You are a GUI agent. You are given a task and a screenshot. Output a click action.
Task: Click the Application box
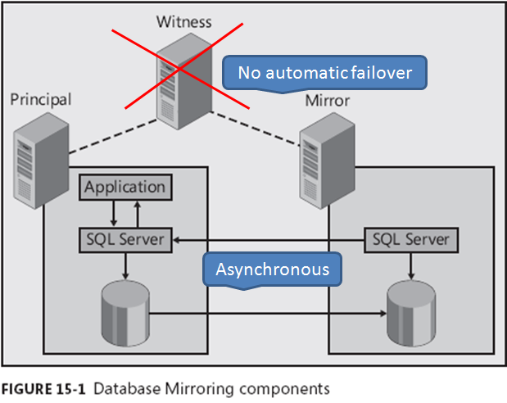(x=125, y=187)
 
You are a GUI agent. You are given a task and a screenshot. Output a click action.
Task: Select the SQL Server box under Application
(x=125, y=240)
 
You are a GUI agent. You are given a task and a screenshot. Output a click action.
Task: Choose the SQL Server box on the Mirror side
(x=410, y=240)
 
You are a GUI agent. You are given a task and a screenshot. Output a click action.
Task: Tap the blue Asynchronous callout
(x=273, y=269)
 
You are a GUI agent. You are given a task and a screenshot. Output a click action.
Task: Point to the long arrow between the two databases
(x=270, y=312)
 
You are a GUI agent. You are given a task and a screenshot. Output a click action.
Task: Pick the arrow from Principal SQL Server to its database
(x=125, y=266)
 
